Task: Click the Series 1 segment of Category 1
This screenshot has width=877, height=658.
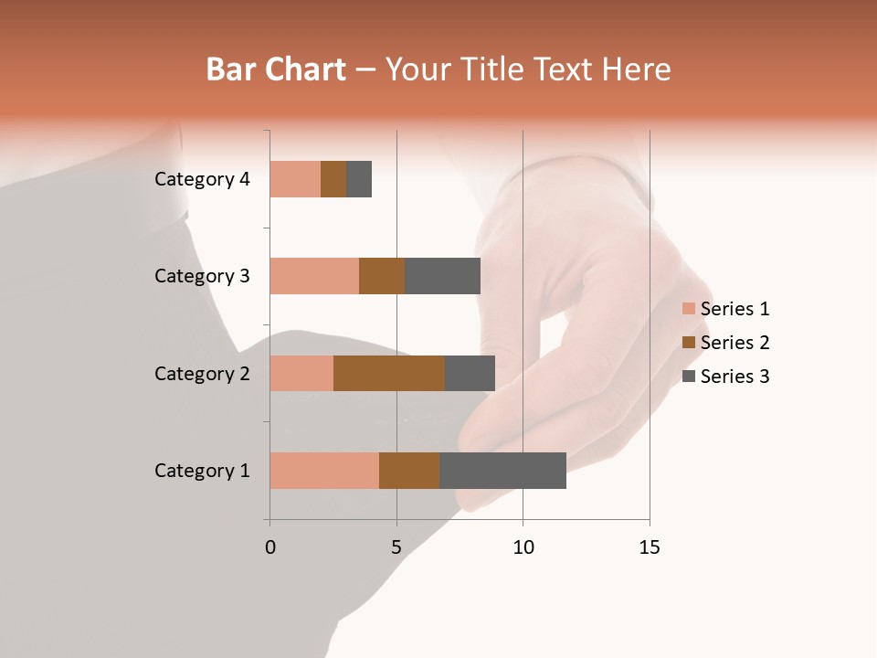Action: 324,470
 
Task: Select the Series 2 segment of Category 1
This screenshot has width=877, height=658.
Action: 409,470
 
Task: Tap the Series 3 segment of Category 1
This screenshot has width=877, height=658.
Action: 502,470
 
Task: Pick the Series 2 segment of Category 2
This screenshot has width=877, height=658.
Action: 389,373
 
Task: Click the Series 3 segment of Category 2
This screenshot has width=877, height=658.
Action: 470,373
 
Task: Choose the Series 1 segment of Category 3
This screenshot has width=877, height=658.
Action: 314,276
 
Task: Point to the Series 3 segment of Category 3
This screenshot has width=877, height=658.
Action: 442,276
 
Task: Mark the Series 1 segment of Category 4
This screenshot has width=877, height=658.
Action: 295,179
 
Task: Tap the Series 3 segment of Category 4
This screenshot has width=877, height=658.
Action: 359,179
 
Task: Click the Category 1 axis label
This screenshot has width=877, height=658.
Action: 202,471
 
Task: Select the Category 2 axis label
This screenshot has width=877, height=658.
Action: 202,374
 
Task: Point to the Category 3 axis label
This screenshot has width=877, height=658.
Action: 202,276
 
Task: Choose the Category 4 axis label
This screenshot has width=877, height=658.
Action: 202,179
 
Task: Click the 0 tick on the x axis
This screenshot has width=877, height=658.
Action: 270,547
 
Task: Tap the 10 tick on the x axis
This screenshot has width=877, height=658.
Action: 523,547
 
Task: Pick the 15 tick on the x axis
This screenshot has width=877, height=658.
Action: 650,547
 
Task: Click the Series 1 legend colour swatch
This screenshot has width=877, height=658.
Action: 688,309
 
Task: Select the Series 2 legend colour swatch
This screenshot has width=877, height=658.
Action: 688,343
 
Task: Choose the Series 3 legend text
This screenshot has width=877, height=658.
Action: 734,377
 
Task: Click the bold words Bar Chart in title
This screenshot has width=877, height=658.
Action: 275,69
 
